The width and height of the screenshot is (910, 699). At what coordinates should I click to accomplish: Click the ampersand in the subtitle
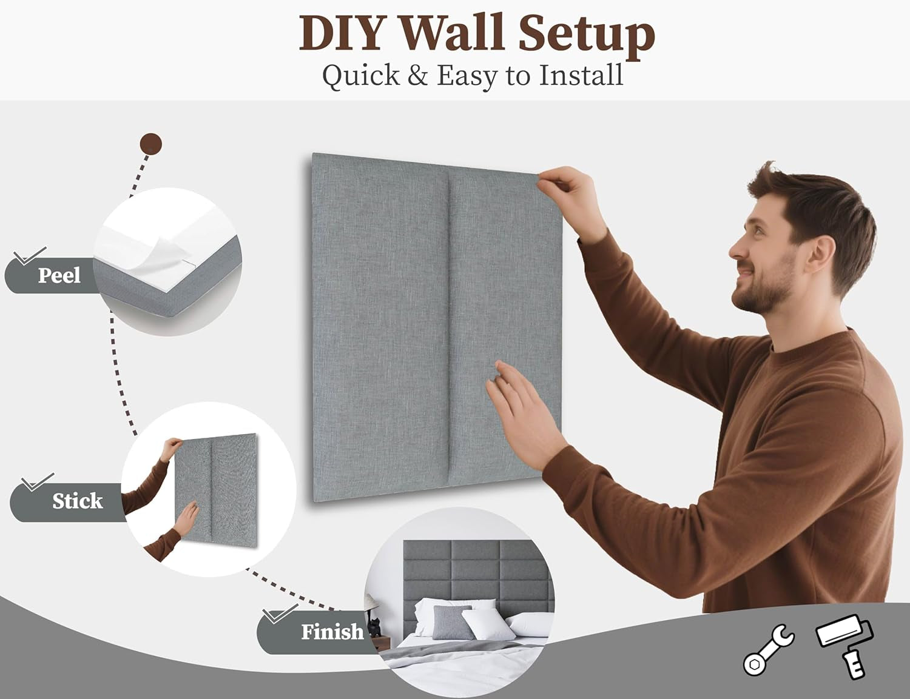418,75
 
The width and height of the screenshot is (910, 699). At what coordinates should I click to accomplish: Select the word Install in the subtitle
581,75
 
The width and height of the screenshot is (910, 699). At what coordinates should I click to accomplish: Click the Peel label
59,275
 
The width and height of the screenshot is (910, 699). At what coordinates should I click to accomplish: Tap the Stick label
78,501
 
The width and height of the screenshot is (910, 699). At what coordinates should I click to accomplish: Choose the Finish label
332,632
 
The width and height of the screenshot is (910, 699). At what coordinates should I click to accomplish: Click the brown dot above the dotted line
151,144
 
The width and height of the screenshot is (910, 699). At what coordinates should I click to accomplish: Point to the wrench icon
769,651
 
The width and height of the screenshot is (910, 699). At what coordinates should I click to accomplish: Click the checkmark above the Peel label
30,256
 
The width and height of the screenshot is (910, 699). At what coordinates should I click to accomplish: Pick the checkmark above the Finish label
280,614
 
